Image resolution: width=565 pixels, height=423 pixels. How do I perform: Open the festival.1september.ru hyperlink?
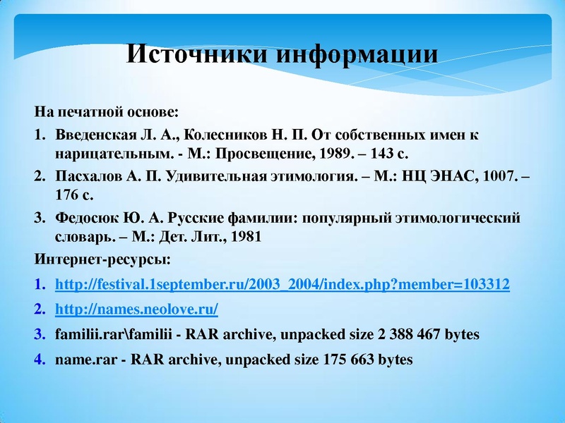[x=282, y=286]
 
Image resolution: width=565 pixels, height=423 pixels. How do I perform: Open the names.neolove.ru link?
[x=136, y=309]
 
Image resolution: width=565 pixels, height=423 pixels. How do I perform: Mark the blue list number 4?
[x=40, y=359]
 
